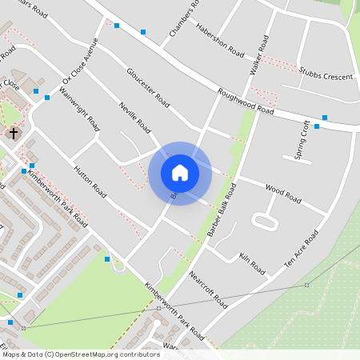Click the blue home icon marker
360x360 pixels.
[x=180, y=172]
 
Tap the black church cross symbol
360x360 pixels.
[x=14, y=133]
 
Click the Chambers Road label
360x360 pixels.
[x=182, y=18]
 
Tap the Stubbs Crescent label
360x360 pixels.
[x=326, y=75]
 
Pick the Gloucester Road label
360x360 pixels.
[x=148, y=88]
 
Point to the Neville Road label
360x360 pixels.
[x=135, y=116]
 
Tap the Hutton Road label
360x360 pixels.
[x=90, y=182]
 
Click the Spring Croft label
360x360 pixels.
[x=302, y=140]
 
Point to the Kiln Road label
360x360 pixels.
[x=251, y=264]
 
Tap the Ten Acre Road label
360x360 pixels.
[x=302, y=250]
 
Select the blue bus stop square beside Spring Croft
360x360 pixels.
[x=317, y=126]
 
